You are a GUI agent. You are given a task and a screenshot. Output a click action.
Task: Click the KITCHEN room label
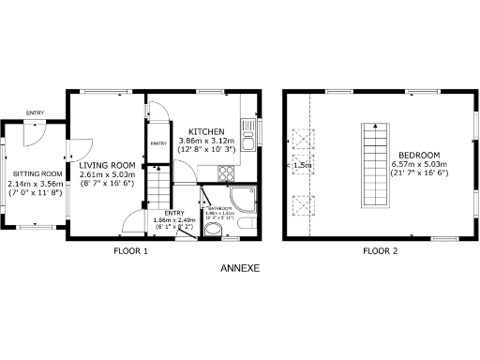coord(205,130)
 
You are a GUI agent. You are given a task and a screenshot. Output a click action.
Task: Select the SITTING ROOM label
coord(37,173)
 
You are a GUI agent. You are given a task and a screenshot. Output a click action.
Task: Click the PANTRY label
coord(158,143)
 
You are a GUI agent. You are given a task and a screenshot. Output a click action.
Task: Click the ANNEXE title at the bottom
coord(239,268)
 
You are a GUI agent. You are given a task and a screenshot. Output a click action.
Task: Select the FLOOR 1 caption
coord(131,251)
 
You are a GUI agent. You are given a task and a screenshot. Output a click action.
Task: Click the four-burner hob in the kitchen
coord(227,172)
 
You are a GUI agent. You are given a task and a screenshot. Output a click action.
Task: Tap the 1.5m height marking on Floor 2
coord(301,166)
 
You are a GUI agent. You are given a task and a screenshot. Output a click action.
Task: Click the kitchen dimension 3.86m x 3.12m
coord(205,141)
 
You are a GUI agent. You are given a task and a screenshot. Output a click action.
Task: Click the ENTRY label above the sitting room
coord(35,112)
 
